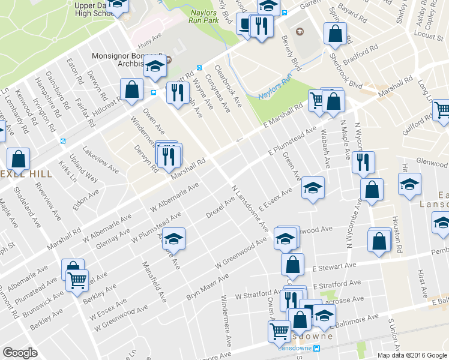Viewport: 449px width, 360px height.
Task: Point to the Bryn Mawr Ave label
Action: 208,287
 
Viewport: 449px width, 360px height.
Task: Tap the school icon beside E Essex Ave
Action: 313,188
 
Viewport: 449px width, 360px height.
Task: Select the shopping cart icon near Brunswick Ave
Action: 77,279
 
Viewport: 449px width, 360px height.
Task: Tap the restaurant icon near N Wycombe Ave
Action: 363,163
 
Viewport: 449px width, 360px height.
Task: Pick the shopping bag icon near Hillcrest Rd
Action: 131,91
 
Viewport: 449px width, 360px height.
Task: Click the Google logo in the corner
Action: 20,353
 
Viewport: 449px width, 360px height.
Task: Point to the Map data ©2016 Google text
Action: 412,355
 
